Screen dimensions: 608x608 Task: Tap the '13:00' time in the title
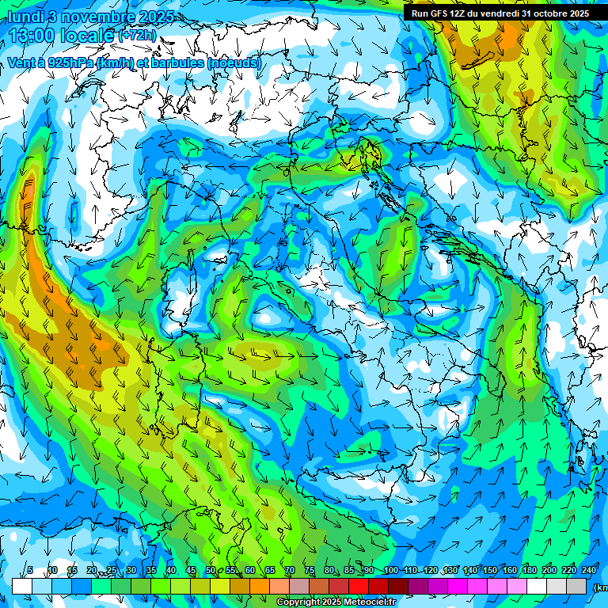tap(33, 36)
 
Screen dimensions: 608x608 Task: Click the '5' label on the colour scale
tap(30, 571)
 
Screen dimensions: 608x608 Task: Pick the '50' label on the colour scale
tap(210, 571)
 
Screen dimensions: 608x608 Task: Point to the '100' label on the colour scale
tap(390, 571)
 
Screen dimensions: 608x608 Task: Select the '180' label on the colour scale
tap(529, 571)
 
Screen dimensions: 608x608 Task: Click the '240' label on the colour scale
tap(588, 571)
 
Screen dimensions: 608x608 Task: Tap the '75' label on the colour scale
tap(310, 571)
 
